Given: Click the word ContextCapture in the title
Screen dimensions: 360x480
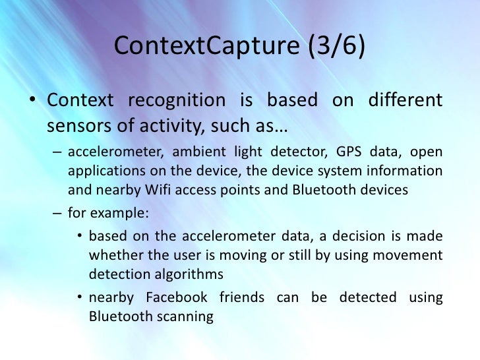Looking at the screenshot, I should tap(196, 47).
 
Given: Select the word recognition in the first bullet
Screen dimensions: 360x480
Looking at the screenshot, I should tap(176, 101).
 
